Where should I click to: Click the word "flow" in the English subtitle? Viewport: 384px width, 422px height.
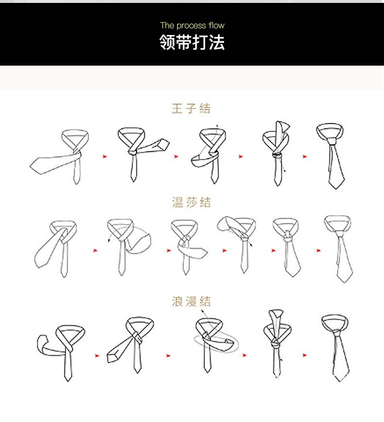217,25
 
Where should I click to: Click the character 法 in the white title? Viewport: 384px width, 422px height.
217,43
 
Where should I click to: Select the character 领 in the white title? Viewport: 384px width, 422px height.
168,43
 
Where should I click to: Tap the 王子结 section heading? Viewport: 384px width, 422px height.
192,108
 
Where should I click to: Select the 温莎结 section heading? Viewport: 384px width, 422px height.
192,202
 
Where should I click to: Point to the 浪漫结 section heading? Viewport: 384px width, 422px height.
192,301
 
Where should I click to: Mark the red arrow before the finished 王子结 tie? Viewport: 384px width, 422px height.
305,157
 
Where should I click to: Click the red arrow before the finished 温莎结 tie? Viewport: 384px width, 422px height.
318,250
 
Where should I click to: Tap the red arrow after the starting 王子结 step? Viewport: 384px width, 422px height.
104,157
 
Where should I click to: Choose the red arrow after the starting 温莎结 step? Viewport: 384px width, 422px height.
95,250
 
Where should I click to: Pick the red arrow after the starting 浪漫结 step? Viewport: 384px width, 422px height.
97,355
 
